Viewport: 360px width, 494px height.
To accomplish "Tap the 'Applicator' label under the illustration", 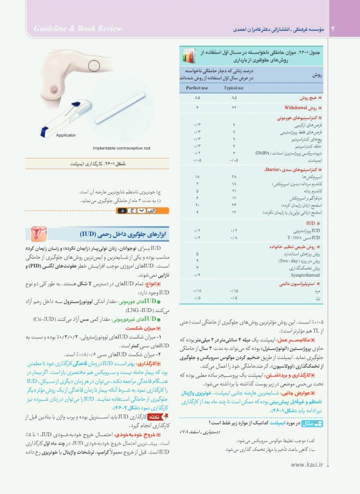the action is pos(66,134).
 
